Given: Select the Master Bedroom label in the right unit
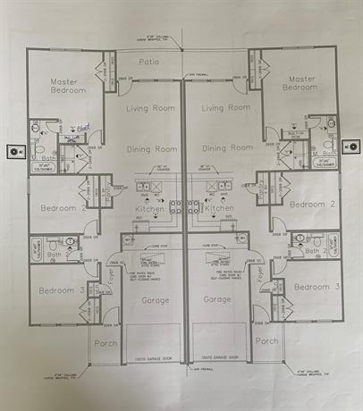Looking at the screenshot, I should tap(300, 82).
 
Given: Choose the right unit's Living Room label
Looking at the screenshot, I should tap(225, 108).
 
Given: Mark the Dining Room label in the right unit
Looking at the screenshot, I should tap(226, 148).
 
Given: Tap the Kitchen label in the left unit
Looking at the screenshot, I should tap(150, 208).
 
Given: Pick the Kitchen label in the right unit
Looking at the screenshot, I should tap(219, 208).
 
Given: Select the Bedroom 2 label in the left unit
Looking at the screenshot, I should tap(62, 208).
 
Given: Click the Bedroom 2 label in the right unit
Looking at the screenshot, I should tap(313, 204).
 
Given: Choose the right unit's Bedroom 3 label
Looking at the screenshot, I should tap(317, 287).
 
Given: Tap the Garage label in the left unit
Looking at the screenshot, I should tap(155, 300).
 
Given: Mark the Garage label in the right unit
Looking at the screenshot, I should tap(217, 300).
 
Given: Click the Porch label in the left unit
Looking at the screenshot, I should tap(106, 341).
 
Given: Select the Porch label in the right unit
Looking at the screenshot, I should tap(266, 341).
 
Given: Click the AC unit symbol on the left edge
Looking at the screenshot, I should tap(13, 151).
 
